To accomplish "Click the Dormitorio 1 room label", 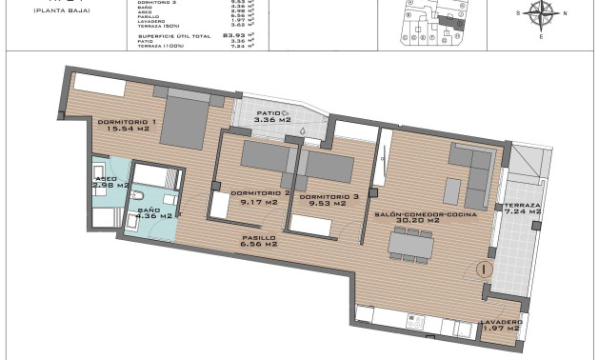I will coord(126,121).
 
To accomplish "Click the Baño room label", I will coord(149,209).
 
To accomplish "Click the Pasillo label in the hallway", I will coord(258,237).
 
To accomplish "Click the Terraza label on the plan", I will coord(522,206).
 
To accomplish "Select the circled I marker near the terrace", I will coord(485,270).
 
